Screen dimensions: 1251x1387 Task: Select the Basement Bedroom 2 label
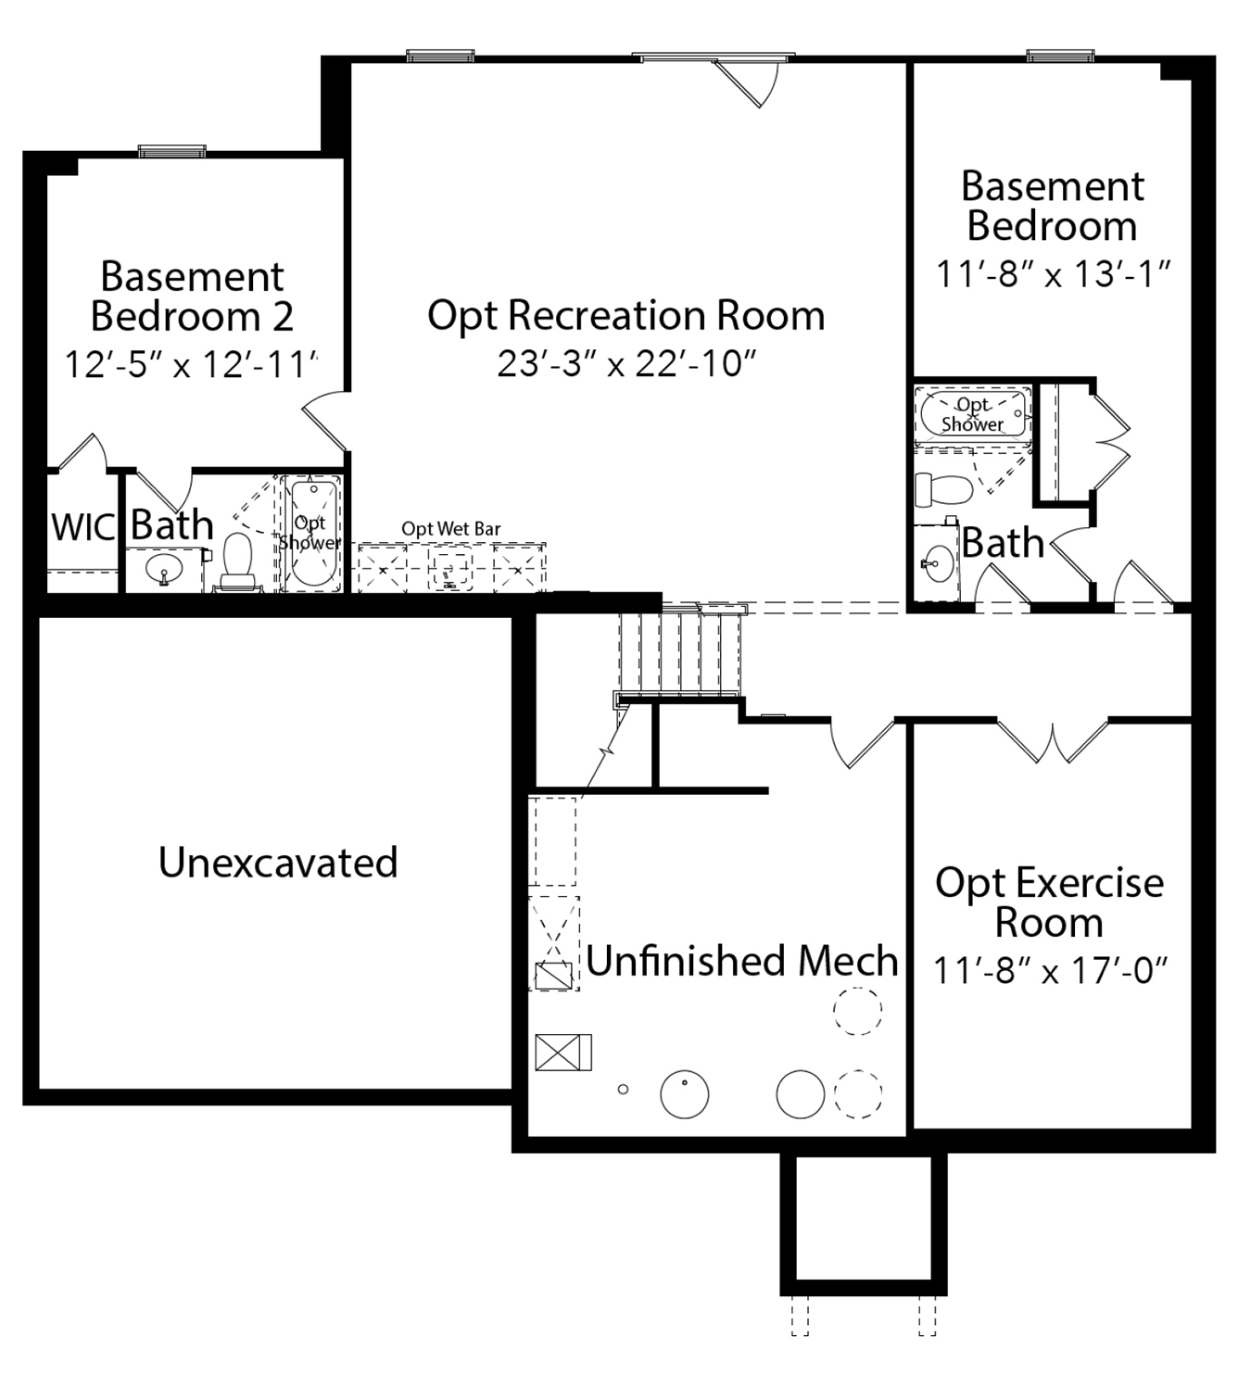tap(192, 296)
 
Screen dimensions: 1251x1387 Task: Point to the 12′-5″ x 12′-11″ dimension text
tap(192, 365)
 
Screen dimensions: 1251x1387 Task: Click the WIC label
tap(83, 528)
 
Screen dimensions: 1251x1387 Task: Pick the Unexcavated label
tap(278, 863)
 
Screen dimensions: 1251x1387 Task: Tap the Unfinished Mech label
tap(742, 961)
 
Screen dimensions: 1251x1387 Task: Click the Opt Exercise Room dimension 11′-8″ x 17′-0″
tap(1050, 970)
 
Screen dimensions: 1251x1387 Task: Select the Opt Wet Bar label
tap(451, 529)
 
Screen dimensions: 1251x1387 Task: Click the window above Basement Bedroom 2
tap(172, 151)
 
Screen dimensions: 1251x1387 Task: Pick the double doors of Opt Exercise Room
tap(1053, 740)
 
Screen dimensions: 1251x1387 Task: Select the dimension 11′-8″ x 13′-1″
tap(1053, 274)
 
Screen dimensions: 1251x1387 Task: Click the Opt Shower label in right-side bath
tap(972, 414)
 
